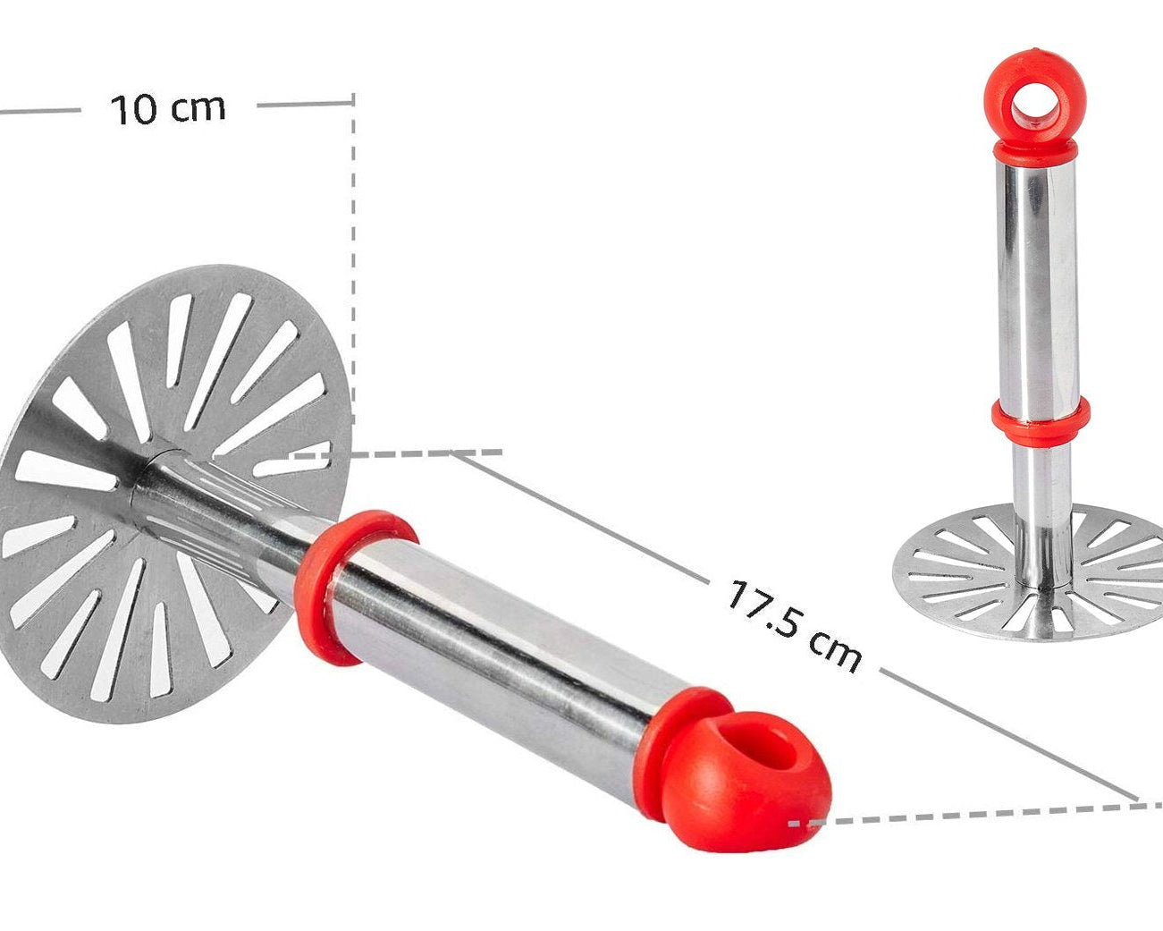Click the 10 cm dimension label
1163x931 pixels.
[168, 109]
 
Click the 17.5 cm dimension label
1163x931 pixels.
[794, 625]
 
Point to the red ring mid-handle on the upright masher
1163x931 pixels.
[1040, 420]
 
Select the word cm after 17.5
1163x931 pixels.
[833, 648]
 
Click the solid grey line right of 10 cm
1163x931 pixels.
[304, 104]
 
